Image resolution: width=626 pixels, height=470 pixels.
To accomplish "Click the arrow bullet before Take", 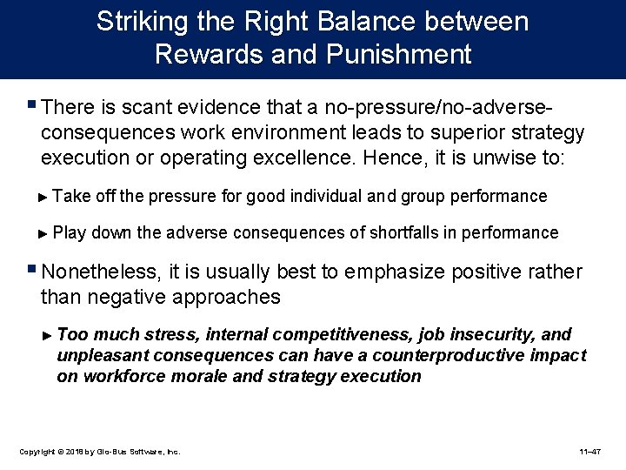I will pos(45,197).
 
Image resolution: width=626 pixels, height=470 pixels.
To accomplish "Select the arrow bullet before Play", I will pos(45,233).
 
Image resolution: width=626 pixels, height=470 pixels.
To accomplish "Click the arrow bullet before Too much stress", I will pos(49,335).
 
